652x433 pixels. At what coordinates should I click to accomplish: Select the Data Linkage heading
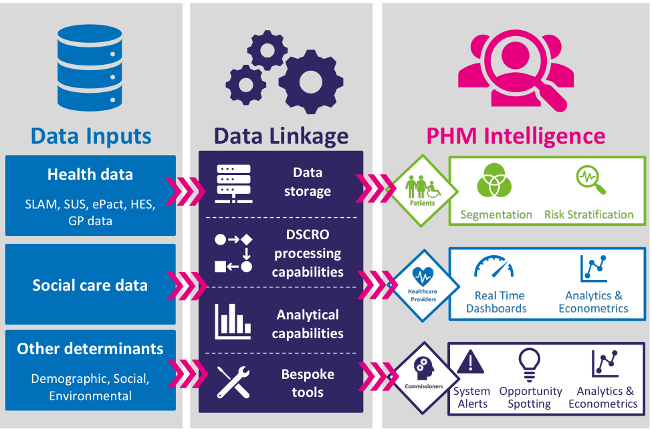coord(281,136)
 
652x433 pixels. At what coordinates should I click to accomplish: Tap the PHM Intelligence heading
coord(516,136)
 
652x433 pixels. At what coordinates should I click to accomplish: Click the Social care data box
coord(90,285)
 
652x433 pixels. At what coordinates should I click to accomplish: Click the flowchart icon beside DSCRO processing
coord(233,253)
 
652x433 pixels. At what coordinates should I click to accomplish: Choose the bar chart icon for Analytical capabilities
coord(233,321)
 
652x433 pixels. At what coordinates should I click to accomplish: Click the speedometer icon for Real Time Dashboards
coord(495,267)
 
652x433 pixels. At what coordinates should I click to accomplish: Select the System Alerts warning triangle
coord(471,362)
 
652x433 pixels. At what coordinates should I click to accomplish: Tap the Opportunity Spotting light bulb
coord(530,362)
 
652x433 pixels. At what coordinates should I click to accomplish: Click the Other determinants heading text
coord(90,348)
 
